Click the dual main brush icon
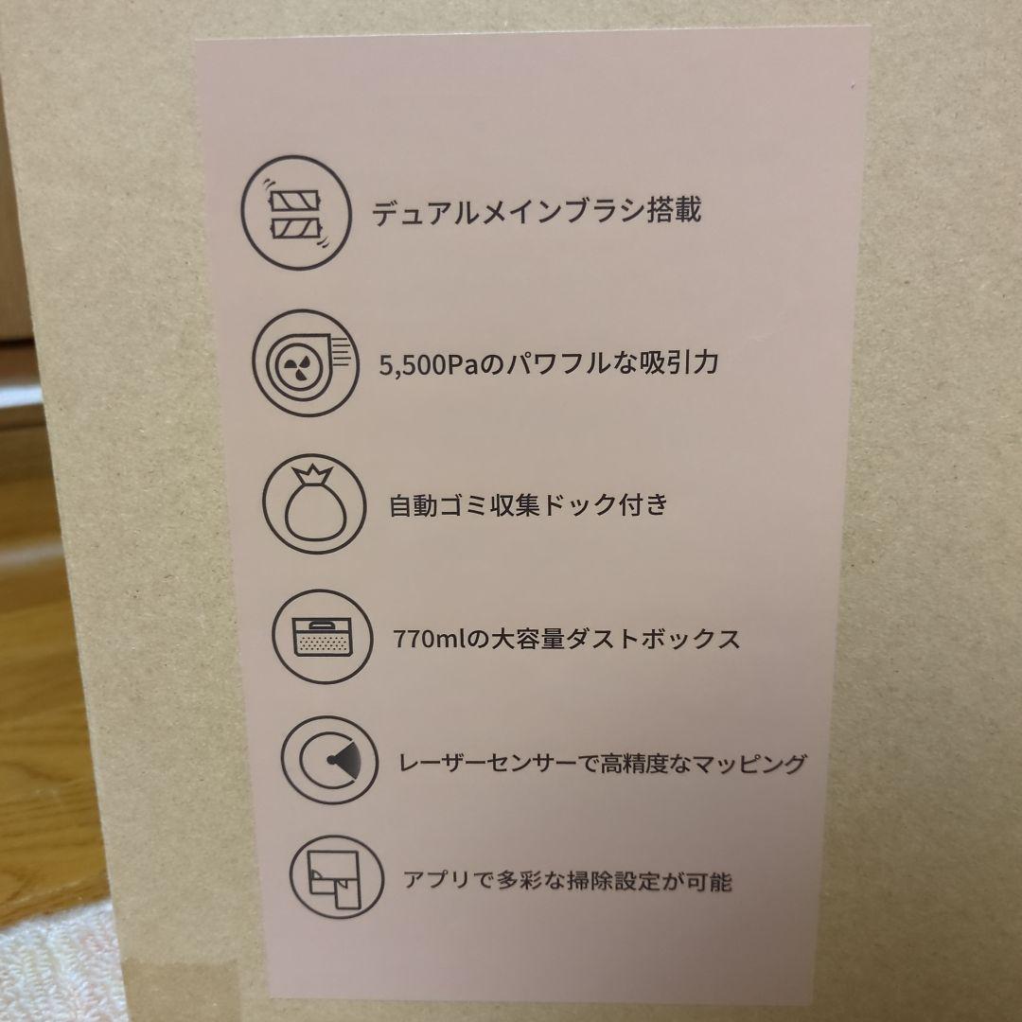[296, 213]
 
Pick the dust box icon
[323, 637]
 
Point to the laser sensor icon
[330, 760]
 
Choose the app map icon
[337, 877]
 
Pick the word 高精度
[631, 763]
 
